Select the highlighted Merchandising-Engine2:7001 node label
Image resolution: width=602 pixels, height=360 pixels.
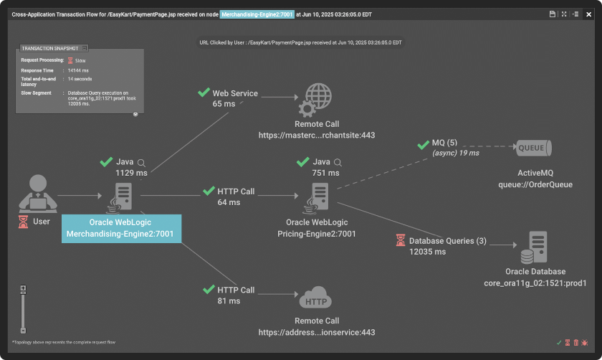[121, 228]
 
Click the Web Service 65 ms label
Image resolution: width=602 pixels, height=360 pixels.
[234, 98]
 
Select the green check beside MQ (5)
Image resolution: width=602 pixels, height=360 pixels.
[423, 146]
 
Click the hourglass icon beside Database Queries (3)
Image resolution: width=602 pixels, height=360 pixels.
[400, 241]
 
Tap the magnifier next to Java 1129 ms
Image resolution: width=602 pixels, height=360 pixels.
[142, 163]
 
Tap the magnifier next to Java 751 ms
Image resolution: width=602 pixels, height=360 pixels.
[338, 163]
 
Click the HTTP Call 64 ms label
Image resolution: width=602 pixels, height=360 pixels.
[236, 196]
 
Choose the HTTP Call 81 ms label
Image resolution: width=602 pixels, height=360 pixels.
[236, 295]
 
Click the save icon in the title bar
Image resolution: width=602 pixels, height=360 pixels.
[553, 14]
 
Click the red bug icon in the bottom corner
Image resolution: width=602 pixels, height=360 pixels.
[586, 343]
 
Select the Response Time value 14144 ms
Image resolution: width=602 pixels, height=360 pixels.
[80, 71]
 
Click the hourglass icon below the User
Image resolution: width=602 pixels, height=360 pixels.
[23, 222]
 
